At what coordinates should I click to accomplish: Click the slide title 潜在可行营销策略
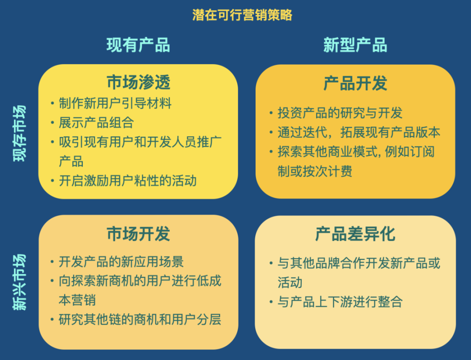(x=242, y=15)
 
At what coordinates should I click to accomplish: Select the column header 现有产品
(x=138, y=45)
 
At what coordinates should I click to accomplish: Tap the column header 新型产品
(x=355, y=45)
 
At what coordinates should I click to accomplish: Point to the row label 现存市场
(x=20, y=133)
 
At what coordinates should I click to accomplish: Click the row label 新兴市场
(x=20, y=282)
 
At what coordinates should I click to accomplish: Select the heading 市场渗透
(x=139, y=82)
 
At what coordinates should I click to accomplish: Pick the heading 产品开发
(x=355, y=83)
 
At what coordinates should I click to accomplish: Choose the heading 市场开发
(x=139, y=234)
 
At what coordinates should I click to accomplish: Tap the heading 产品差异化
(x=355, y=234)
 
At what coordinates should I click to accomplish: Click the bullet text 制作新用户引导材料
(x=115, y=103)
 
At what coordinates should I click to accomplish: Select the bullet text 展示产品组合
(x=96, y=122)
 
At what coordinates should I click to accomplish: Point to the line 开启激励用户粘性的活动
(x=128, y=181)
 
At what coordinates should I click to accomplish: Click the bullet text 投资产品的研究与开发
(x=340, y=113)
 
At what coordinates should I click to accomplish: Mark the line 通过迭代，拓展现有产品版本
(x=359, y=132)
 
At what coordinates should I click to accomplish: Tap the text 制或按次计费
(x=315, y=171)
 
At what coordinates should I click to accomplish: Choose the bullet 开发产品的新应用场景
(x=121, y=261)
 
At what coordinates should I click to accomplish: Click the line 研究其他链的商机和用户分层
(x=140, y=319)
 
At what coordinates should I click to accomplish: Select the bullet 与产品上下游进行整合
(x=340, y=302)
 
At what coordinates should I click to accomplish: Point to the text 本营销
(x=77, y=300)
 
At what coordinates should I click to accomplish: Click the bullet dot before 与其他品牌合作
(x=271, y=264)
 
